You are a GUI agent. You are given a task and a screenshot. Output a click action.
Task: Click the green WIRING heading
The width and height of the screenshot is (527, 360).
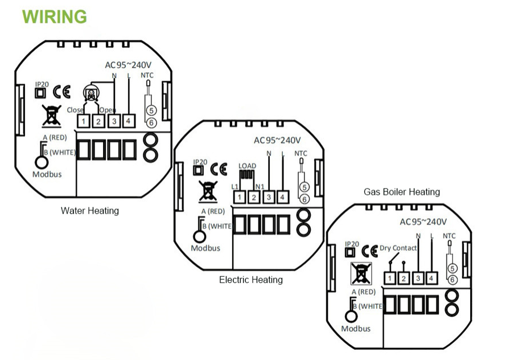55,17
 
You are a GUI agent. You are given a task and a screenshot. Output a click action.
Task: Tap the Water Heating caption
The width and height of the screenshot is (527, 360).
90,211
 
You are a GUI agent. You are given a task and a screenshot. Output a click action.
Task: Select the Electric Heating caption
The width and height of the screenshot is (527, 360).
250,280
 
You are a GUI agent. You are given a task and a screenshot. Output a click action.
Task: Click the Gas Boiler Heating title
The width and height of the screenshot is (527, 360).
402,191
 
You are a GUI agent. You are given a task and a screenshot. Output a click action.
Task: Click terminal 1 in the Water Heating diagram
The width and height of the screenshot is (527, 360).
84,121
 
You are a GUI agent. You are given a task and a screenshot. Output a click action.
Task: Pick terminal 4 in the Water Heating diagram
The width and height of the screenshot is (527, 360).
128,121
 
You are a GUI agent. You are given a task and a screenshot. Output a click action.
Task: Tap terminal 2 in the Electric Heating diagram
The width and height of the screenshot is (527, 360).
254,198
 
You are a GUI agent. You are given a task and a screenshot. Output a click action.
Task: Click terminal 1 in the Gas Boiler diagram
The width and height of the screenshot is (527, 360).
389,279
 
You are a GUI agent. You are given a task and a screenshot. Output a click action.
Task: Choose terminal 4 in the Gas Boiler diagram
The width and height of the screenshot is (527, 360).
432,279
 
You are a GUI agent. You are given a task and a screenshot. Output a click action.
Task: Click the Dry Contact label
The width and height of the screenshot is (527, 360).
398,248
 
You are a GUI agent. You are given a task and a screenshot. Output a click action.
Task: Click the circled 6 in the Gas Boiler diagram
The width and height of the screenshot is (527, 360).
452,279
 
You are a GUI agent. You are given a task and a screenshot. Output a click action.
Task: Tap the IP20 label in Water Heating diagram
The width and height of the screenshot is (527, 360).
42,83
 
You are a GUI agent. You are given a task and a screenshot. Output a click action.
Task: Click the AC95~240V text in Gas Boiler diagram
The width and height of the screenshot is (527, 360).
423,222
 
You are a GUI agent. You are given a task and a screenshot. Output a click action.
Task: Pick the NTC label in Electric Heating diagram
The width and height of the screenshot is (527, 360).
301,153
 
